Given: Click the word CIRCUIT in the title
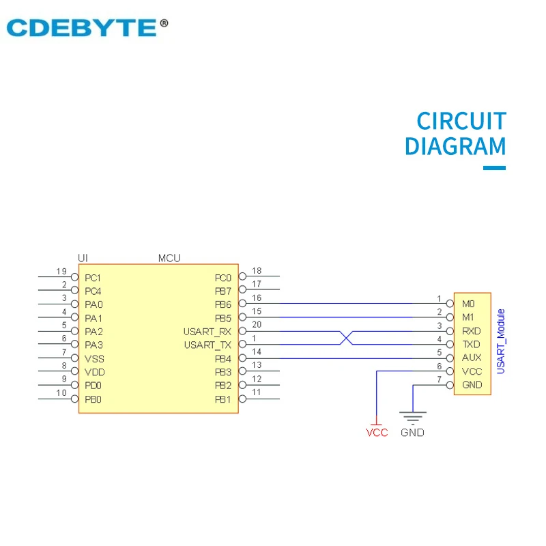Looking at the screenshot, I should (x=461, y=121).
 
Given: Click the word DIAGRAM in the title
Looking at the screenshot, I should (x=455, y=147).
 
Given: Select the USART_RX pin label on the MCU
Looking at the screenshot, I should (x=207, y=332).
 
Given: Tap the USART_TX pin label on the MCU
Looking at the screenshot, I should (x=207, y=345).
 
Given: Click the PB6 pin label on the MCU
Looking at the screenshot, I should (x=223, y=304).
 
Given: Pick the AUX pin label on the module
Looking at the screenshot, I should (x=471, y=358).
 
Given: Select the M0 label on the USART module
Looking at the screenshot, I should (x=468, y=304).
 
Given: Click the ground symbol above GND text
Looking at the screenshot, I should (x=413, y=416).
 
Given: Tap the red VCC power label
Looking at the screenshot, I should (x=377, y=433).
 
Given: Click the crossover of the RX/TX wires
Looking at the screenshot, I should (x=346, y=337).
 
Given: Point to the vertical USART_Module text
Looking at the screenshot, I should (x=501, y=341).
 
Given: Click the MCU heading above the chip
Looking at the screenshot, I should (x=169, y=258).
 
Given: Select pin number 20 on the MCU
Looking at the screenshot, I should (x=257, y=325).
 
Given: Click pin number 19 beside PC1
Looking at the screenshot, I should (x=61, y=272).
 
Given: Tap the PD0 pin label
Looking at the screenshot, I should (x=94, y=386).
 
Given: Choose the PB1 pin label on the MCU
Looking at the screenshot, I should (x=223, y=399).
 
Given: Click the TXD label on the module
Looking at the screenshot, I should (x=471, y=344).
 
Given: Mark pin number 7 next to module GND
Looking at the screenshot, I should (x=440, y=379).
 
